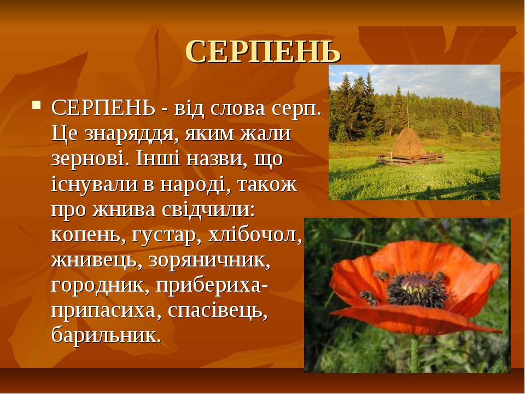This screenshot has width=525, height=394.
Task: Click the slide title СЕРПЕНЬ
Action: point(263,51)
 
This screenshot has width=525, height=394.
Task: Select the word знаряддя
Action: point(132,134)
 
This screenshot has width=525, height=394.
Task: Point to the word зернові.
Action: point(90,159)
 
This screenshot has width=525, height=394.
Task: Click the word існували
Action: point(95,184)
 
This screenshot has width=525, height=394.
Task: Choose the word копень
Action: point(86,236)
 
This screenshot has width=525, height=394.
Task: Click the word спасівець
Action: point(218,311)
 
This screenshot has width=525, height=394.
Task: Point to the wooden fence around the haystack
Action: point(411,159)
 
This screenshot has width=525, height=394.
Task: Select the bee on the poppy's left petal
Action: point(368,297)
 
